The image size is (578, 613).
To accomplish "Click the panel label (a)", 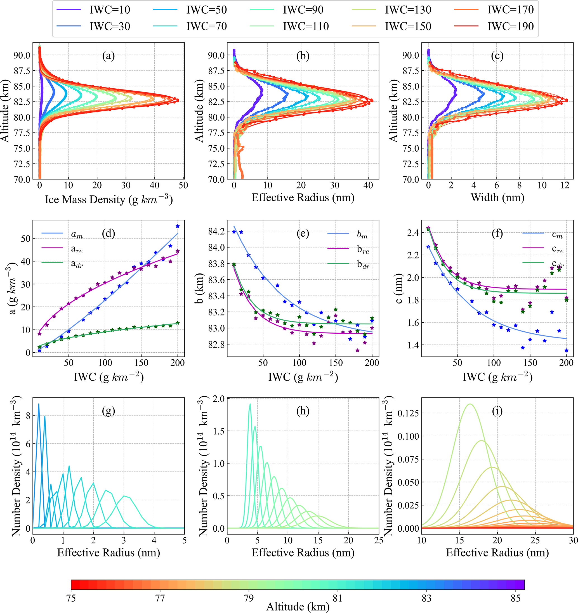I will point(108,56).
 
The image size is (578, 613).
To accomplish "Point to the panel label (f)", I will point(497,234).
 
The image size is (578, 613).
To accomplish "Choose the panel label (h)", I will point(303,411).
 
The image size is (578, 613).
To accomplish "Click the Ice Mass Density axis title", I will point(108,199).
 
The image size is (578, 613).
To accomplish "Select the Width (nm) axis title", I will point(497,197).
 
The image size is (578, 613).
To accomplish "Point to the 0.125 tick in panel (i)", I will point(407,413).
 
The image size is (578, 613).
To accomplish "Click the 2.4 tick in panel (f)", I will point(413,233).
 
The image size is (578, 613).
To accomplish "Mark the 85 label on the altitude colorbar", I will point(515,598).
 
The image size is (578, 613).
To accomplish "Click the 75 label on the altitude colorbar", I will point(71,598).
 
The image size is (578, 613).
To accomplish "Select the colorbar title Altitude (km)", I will point(298,607).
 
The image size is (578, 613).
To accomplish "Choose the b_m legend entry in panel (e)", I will point(362,234).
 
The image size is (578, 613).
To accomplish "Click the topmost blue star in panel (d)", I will point(178,226).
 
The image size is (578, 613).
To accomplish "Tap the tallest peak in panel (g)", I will point(39,404).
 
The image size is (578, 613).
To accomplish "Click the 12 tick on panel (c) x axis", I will point(565,185).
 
